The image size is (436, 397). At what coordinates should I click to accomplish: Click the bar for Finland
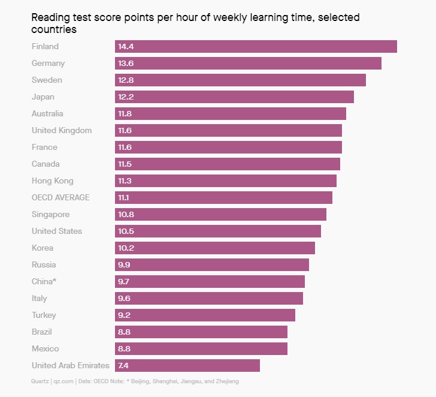click(x=256, y=47)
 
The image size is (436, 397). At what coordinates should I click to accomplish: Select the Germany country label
click(x=48, y=64)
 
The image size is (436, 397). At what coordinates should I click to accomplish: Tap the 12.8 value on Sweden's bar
click(x=126, y=80)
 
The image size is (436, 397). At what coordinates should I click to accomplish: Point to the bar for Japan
click(x=234, y=97)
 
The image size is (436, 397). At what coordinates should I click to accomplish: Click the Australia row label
click(x=47, y=114)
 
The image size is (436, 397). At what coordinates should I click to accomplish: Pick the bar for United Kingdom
click(x=228, y=131)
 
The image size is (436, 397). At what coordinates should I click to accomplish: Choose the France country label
click(x=44, y=148)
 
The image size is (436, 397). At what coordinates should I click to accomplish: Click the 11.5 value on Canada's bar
click(x=125, y=164)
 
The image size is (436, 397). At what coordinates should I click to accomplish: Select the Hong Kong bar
click(x=226, y=181)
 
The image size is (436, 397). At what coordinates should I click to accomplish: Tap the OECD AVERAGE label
click(x=60, y=198)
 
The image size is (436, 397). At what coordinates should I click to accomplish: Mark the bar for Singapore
click(x=220, y=215)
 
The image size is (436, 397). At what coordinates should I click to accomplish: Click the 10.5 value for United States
click(x=126, y=231)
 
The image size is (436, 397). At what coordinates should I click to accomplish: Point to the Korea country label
click(x=42, y=248)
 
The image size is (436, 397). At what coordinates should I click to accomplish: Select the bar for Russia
click(x=212, y=265)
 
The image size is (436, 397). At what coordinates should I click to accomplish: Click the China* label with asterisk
click(x=44, y=282)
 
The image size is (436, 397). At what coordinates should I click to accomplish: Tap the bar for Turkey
click(x=205, y=315)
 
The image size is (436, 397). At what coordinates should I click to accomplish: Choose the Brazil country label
click(x=43, y=332)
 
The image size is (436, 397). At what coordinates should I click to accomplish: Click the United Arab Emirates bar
click(x=187, y=366)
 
